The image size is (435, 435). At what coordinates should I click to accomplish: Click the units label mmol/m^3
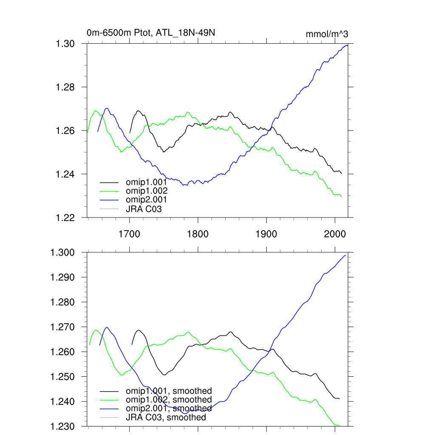click(327, 34)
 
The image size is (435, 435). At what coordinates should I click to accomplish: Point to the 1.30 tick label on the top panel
click(66, 44)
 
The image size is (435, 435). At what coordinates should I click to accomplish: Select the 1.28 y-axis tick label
click(66, 87)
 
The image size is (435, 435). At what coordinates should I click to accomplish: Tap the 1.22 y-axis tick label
click(66, 217)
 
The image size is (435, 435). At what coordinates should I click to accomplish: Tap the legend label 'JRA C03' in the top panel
click(144, 209)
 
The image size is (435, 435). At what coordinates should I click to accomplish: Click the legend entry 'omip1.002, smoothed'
click(169, 400)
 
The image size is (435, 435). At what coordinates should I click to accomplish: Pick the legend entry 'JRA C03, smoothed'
click(166, 418)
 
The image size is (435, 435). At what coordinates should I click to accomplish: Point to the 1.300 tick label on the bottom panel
click(63, 253)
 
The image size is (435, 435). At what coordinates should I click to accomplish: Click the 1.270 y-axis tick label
click(63, 327)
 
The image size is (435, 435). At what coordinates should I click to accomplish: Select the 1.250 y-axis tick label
click(63, 377)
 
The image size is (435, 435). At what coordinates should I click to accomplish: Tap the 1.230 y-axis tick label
click(63, 426)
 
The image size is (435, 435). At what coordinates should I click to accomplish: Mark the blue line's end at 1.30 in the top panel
click(347, 45)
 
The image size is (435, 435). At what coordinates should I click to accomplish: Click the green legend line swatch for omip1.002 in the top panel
click(109, 191)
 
